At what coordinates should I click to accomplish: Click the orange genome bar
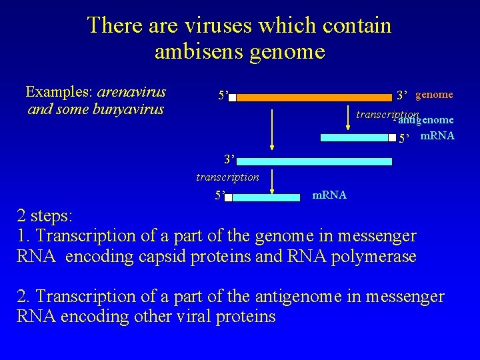[313, 97]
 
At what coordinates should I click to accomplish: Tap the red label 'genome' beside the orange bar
[434, 95]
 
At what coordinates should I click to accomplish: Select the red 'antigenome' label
[427, 120]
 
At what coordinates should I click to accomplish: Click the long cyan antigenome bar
[313, 161]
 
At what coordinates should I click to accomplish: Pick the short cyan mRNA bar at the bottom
[266, 197]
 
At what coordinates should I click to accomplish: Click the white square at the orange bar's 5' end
[232, 97]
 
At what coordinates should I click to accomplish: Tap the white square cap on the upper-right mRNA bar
[393, 138]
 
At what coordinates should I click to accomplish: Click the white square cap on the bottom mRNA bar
[228, 197]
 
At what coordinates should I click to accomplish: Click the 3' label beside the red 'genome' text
[402, 95]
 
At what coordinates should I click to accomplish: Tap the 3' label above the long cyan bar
[229, 160]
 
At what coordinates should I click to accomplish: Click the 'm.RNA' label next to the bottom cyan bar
[329, 195]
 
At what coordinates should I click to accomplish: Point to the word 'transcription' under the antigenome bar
[227, 177]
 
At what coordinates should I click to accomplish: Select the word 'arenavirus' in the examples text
[131, 91]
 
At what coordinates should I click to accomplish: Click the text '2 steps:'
[45, 215]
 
